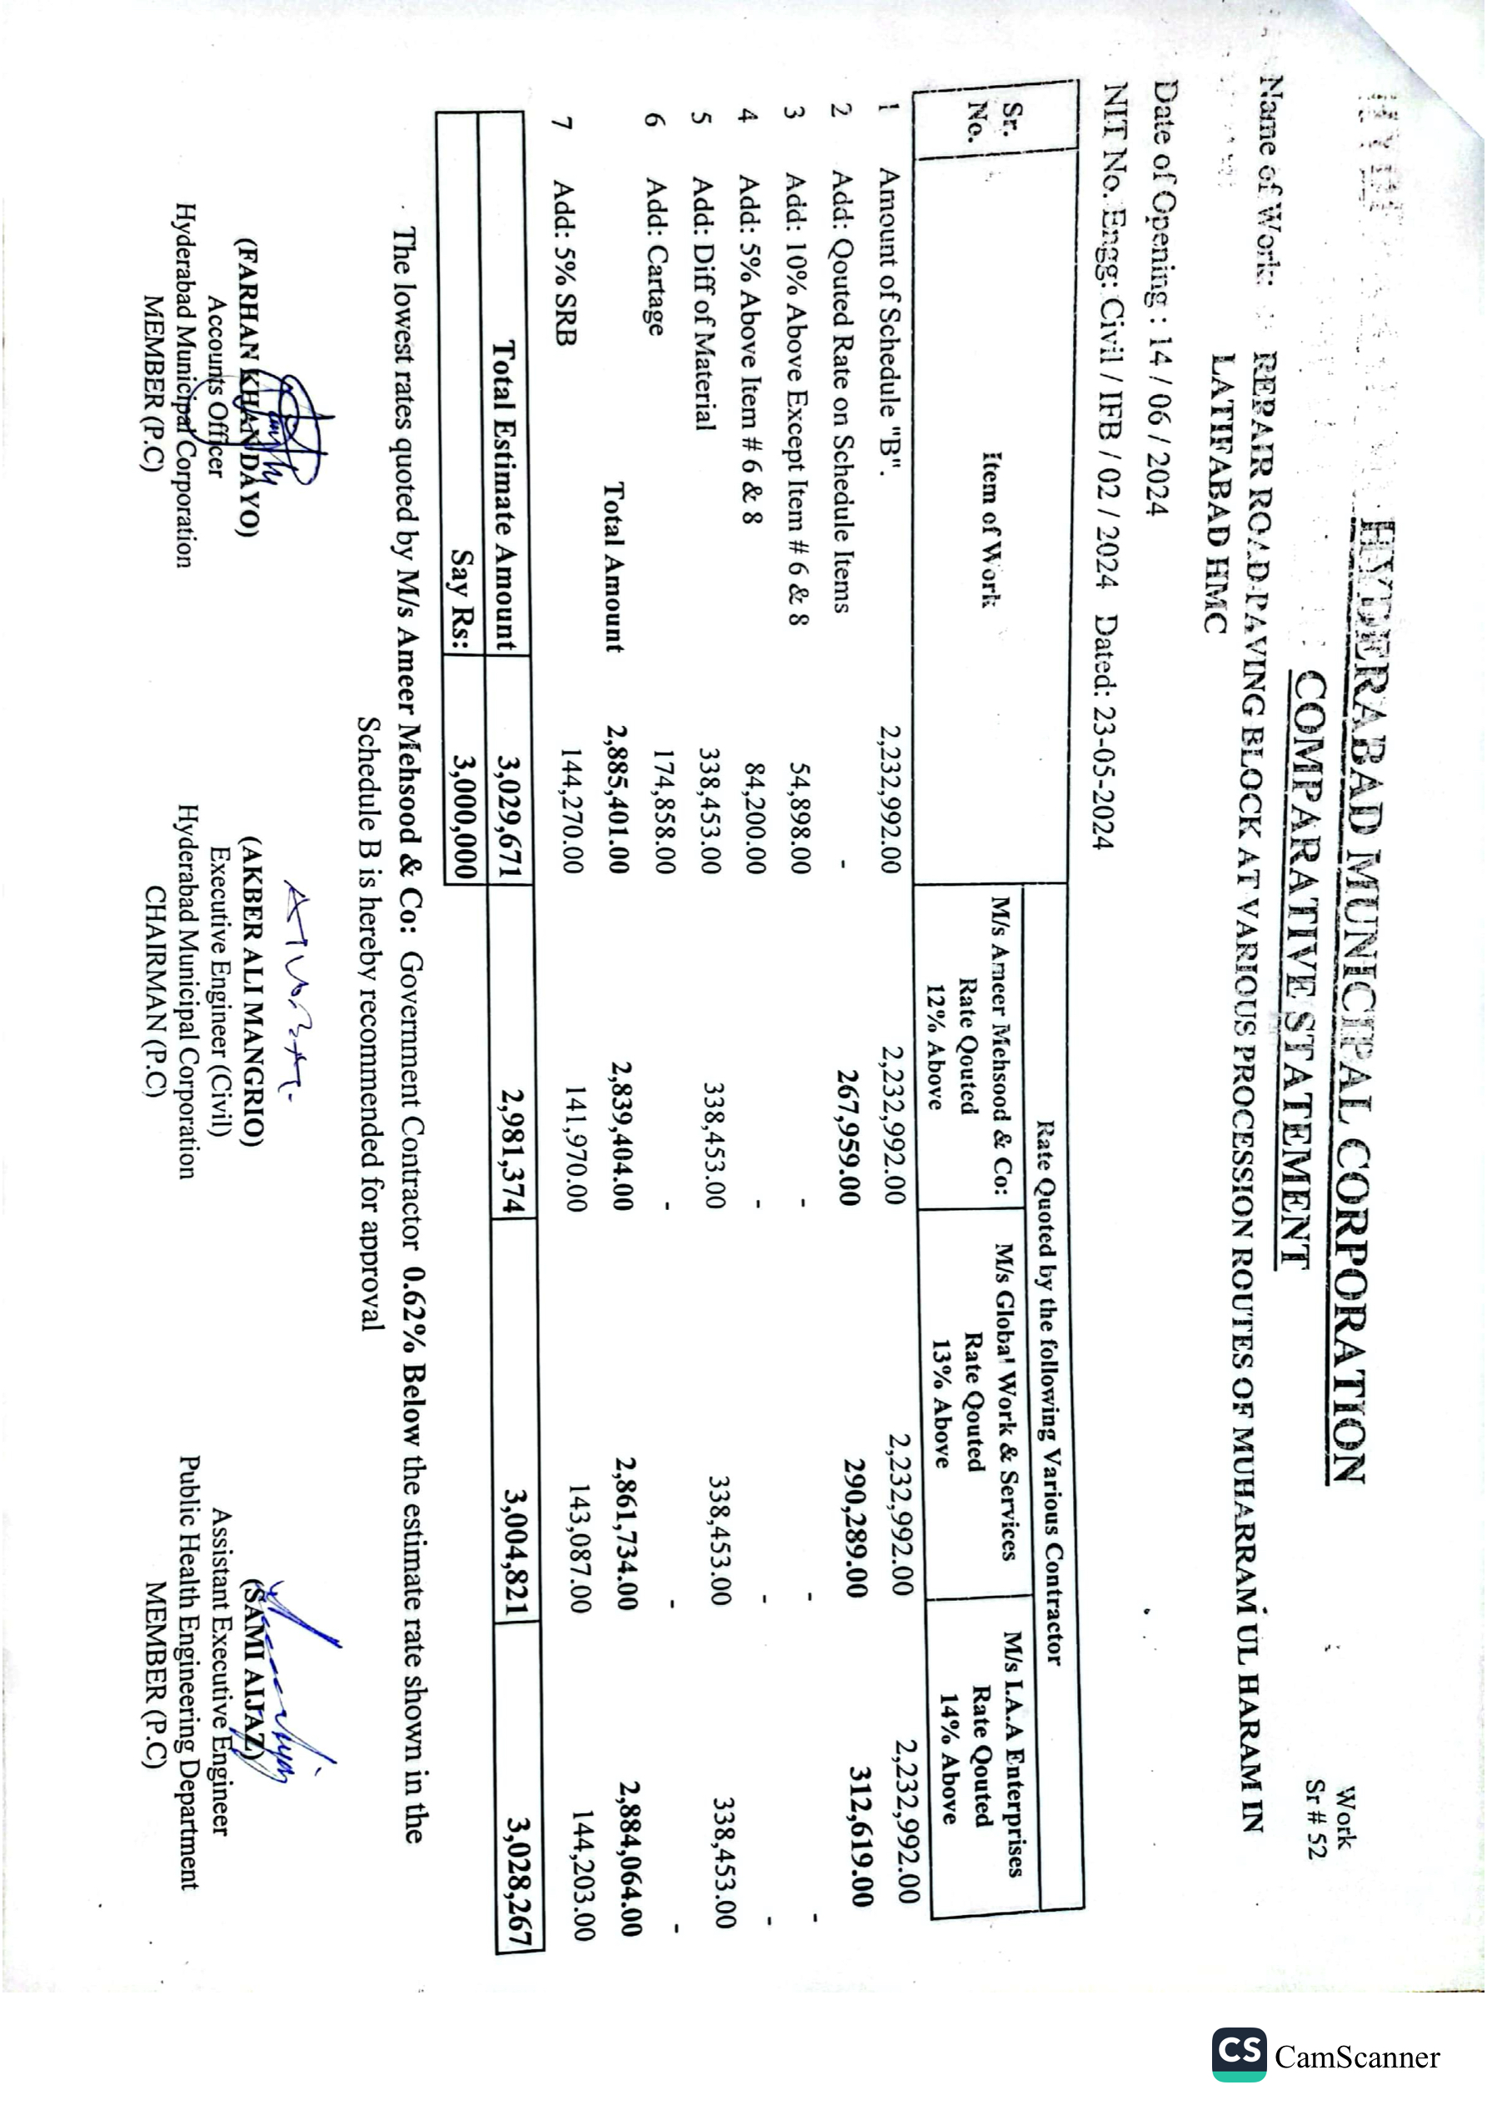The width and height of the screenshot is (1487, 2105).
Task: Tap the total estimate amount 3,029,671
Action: pos(509,815)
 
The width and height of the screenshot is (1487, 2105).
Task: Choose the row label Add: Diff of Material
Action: pos(702,303)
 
